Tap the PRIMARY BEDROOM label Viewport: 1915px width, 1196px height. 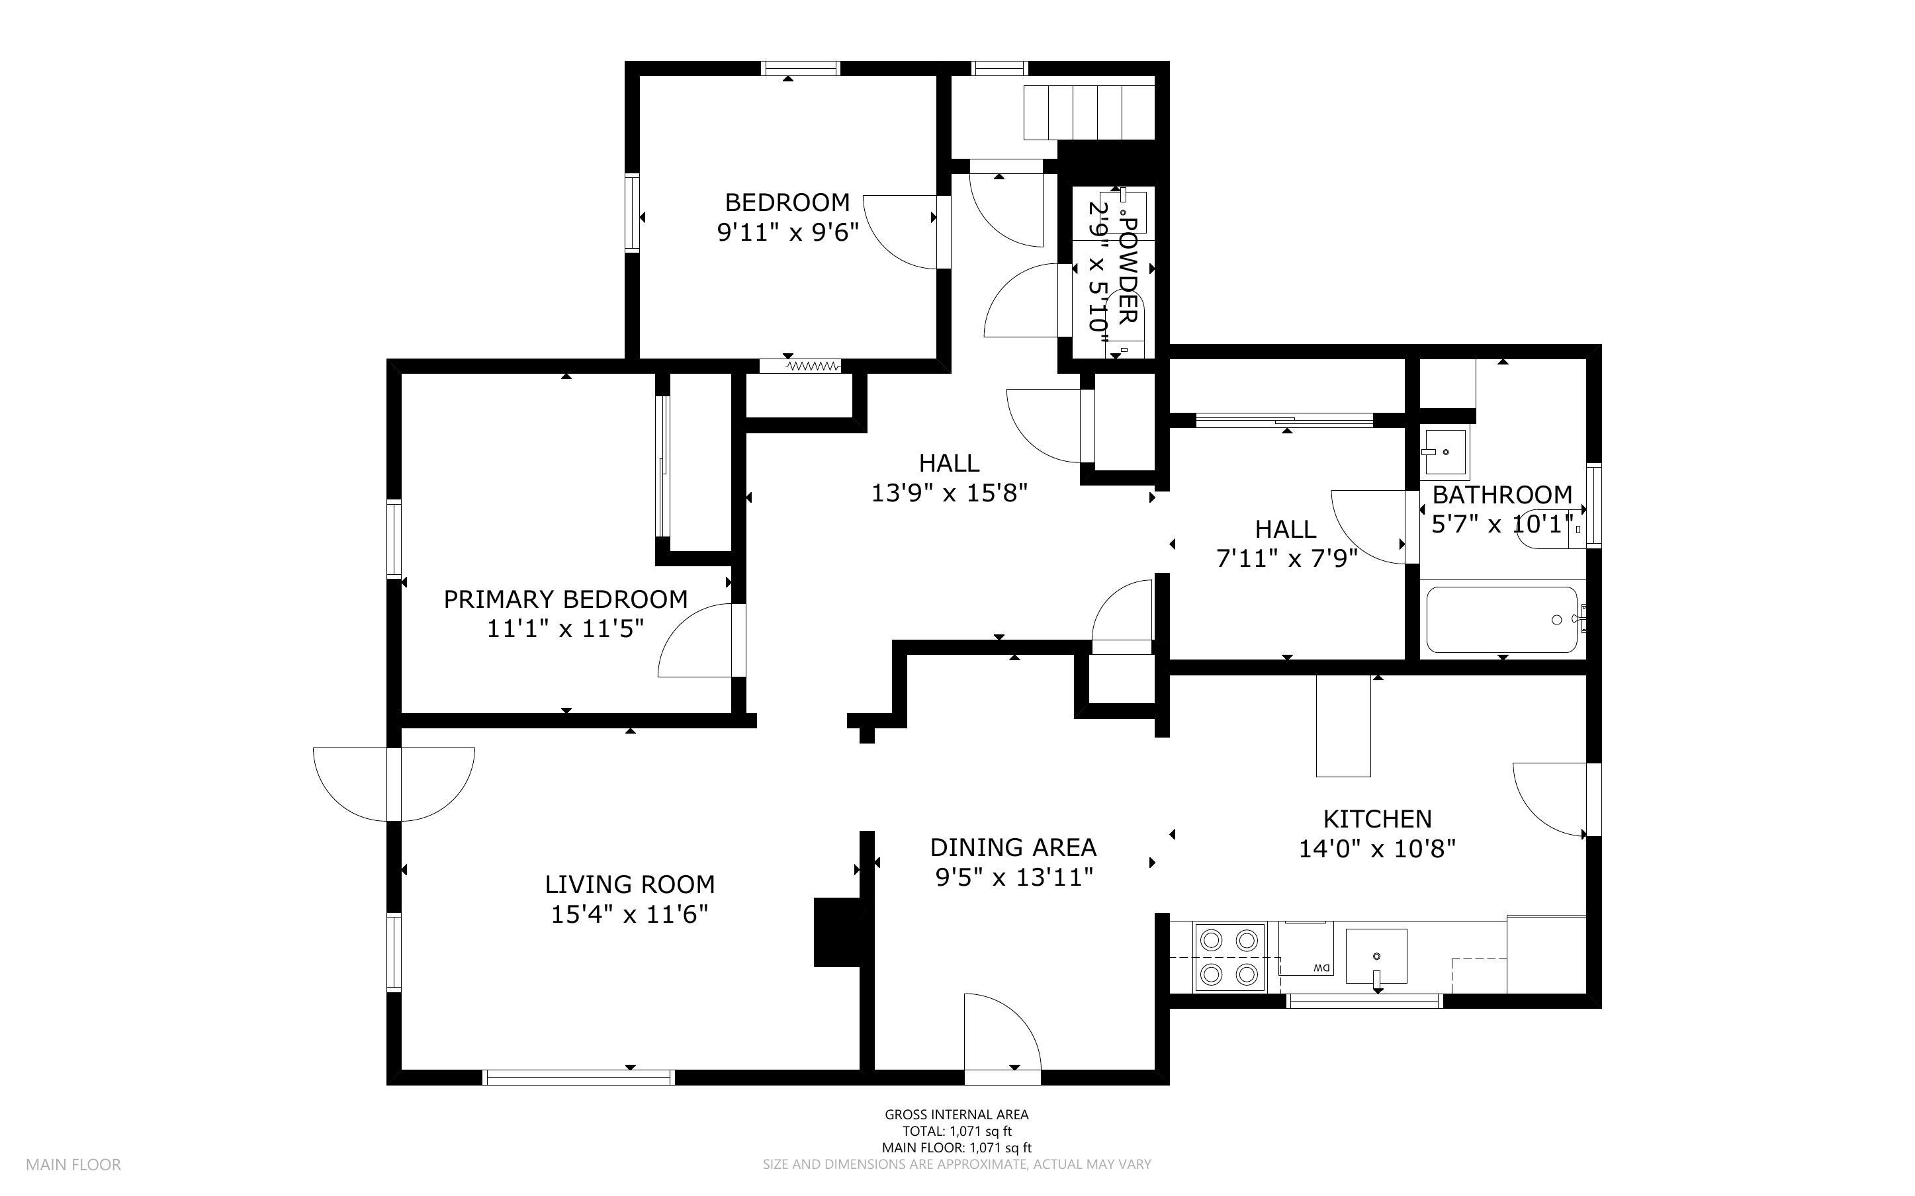coord(566,599)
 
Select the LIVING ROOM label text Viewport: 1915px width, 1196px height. coord(630,884)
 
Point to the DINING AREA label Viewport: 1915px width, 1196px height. coord(1013,848)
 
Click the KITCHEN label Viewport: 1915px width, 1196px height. coord(1377,819)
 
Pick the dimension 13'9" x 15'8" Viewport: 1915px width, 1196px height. coord(949,493)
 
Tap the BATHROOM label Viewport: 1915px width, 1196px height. coord(1502,495)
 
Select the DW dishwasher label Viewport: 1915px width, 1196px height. coord(1321,968)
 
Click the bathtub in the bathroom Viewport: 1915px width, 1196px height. coord(1501,620)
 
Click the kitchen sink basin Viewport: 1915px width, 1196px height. coord(1376,957)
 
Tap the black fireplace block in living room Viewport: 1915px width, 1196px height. coord(838,933)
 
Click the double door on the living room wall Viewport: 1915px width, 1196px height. coord(394,785)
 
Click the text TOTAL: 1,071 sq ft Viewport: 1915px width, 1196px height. coord(956,1131)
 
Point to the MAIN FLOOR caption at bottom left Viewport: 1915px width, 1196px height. coord(73,1165)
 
